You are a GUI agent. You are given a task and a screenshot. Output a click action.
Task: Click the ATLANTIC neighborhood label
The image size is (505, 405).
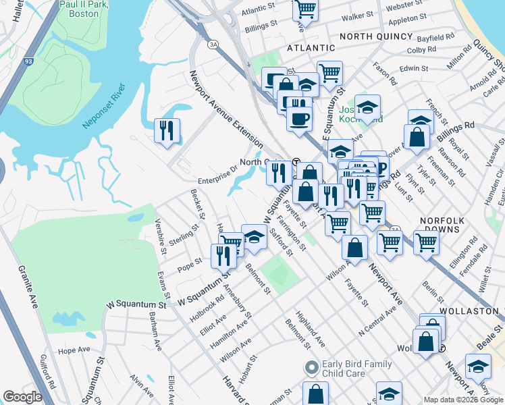(x=311, y=48)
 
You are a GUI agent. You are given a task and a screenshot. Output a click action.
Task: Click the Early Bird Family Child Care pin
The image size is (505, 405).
(x=311, y=369)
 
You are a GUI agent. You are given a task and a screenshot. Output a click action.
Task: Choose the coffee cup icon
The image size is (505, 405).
(x=299, y=118)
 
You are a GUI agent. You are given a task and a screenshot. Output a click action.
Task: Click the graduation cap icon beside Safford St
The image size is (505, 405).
(x=254, y=236)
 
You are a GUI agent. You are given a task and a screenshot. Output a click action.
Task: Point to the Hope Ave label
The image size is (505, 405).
(x=74, y=350)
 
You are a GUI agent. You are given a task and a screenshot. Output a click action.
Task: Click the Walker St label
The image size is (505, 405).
(x=358, y=15)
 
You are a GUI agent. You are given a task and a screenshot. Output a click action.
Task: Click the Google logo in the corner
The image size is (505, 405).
(x=22, y=397)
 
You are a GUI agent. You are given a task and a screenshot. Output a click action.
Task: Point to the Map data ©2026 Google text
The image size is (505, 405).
(x=462, y=400)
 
